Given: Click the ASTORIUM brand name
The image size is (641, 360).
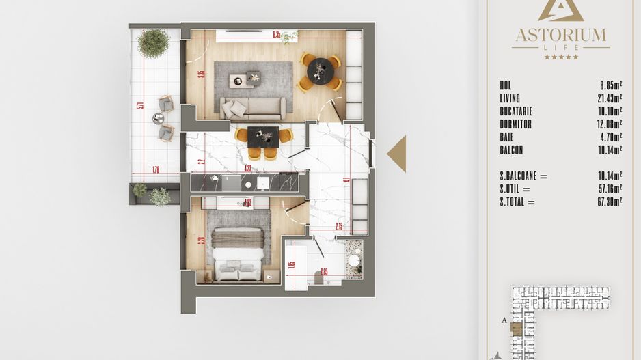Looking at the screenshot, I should pyautogui.click(x=560, y=34).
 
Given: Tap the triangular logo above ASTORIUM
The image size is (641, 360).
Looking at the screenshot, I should pyautogui.click(x=560, y=9).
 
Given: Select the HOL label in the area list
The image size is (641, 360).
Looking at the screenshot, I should pyautogui.click(x=506, y=85).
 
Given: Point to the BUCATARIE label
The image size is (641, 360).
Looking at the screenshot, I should pyautogui.click(x=516, y=111).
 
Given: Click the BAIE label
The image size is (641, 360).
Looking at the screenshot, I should pyautogui.click(x=507, y=137).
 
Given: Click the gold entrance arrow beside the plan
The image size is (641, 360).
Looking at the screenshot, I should pyautogui.click(x=397, y=154).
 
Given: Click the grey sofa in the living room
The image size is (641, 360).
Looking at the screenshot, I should pyautogui.click(x=253, y=107).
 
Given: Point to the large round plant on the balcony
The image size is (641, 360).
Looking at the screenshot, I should pyautogui.click(x=153, y=43).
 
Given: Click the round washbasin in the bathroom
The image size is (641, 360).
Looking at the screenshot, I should pyautogui.click(x=354, y=260).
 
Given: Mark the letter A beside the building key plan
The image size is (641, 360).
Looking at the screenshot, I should pyautogui.click(x=504, y=319).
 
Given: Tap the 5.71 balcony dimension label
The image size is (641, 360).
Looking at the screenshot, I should pyautogui.click(x=139, y=105).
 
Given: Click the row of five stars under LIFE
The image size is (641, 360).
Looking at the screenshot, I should pyautogui.click(x=560, y=57).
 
